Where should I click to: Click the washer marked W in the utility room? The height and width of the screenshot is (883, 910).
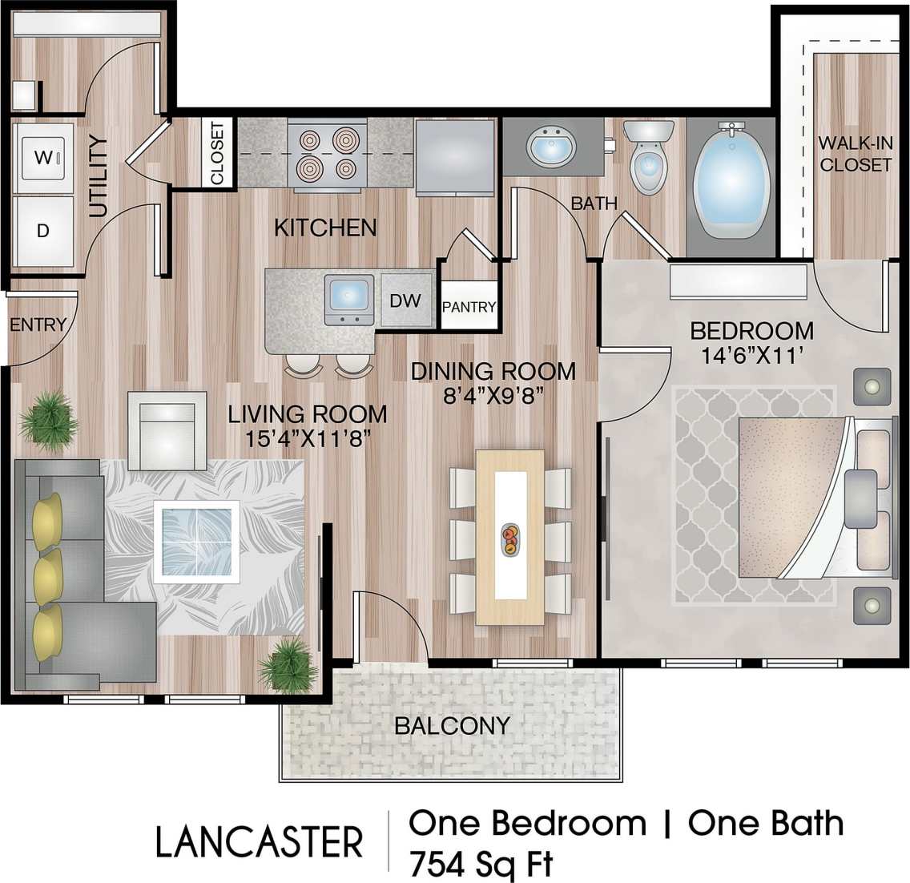pos(43,157)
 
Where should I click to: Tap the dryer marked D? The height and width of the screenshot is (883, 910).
pos(43,231)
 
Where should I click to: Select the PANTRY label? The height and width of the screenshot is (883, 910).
pos(469,306)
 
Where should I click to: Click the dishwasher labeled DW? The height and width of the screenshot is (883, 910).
pos(405,301)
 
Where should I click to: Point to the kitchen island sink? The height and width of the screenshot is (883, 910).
pos(349,299)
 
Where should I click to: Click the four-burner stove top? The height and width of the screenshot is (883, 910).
pos(327,153)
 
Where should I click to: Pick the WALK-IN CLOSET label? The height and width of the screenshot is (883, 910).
pos(855,154)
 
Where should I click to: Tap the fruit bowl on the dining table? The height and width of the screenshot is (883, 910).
pos(509,538)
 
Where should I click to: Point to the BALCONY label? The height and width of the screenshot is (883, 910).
pos(452,726)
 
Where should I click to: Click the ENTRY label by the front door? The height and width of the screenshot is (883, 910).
pos(38,325)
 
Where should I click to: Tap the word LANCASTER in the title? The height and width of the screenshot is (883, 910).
pos(259,843)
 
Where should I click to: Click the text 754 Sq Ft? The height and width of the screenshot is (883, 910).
pos(480,866)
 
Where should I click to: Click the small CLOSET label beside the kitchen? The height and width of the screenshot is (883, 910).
pos(216,153)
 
